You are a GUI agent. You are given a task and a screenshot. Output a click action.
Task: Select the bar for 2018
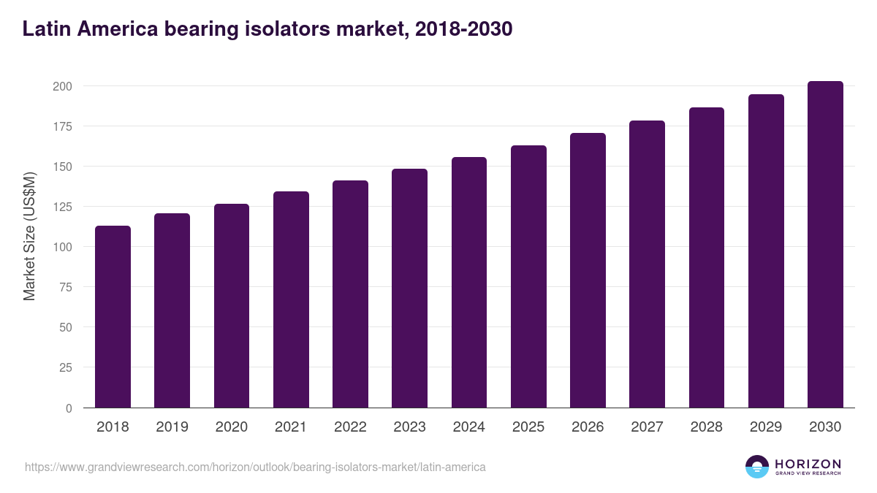[x=113, y=317]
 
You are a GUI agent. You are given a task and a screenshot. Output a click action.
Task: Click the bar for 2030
[x=825, y=245]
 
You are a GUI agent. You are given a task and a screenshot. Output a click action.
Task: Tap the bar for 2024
[x=469, y=283]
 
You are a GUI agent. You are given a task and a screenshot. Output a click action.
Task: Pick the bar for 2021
[x=291, y=299]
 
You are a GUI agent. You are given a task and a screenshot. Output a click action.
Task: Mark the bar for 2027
[x=647, y=264]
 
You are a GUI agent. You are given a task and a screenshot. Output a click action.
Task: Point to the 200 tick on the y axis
[x=62, y=86]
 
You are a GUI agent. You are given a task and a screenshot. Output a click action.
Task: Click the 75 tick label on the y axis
[x=65, y=287]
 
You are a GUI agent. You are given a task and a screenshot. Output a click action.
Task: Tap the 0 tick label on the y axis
[x=69, y=408]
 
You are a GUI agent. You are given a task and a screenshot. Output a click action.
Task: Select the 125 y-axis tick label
[x=62, y=207]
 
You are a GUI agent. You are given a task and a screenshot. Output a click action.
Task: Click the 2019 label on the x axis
[x=172, y=427]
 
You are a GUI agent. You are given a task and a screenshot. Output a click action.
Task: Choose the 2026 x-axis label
[x=588, y=427]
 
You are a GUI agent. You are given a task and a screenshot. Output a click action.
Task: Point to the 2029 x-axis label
[x=766, y=427]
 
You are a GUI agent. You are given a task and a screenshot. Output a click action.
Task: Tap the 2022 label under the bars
[x=350, y=427]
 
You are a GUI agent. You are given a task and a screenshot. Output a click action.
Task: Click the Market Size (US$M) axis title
[x=29, y=236]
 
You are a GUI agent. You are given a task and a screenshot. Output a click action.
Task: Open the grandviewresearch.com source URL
[x=255, y=467]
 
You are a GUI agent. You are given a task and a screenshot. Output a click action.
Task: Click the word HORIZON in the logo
[x=808, y=464]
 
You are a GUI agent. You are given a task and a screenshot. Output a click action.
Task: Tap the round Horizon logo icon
[x=757, y=467]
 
